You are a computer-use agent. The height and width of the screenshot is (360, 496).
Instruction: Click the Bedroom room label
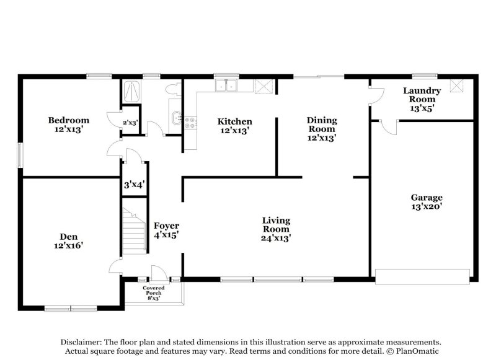coord(69,125)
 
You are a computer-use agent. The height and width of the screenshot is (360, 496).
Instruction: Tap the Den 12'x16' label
coord(68,240)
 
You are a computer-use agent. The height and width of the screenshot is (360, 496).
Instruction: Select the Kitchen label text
coord(234,126)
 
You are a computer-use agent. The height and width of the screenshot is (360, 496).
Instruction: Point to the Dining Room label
coord(322,129)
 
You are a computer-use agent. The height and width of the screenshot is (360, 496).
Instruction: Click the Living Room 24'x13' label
coord(276,229)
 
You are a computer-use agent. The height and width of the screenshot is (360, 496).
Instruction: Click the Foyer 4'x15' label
coord(167,230)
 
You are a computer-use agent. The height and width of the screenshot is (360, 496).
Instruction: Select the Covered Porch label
coord(153,293)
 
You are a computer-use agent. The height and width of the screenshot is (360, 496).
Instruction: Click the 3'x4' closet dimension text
coord(135,184)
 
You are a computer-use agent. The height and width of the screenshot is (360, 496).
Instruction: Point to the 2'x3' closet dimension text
coord(130,123)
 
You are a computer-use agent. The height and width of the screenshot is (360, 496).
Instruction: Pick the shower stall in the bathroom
coord(131,92)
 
